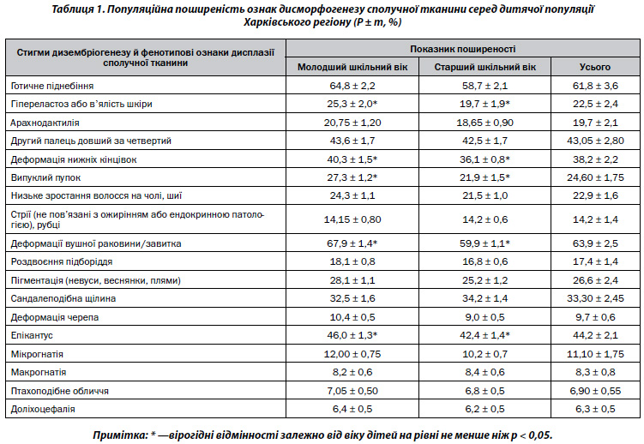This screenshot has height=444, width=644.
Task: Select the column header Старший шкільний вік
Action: point(485,67)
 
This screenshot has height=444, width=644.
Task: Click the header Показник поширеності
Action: point(462,50)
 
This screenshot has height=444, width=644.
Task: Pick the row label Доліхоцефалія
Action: point(44,408)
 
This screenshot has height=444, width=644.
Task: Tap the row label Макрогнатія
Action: point(39,372)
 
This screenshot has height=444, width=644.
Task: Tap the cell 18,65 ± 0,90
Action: point(485,123)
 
